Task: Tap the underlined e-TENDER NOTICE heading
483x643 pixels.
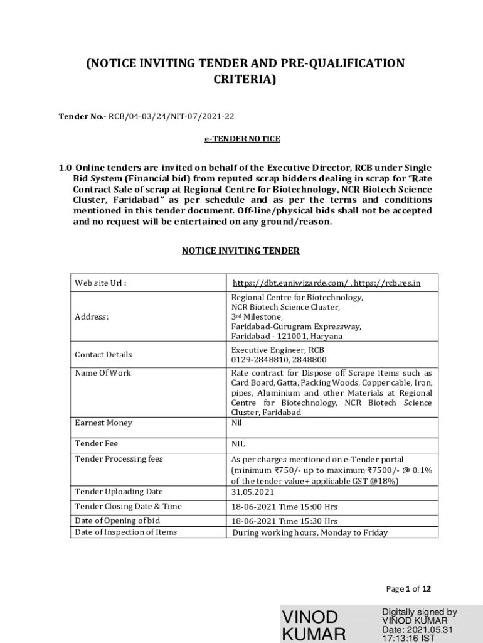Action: point(242,138)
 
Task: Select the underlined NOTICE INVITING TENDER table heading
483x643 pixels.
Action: point(241,251)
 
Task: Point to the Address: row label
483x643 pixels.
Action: point(92,317)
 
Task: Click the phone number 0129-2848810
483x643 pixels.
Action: point(258,360)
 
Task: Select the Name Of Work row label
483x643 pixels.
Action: point(103,373)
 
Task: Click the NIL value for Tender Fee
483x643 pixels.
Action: point(238,444)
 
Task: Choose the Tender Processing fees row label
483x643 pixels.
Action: point(119,459)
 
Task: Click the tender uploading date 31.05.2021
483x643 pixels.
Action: point(253,492)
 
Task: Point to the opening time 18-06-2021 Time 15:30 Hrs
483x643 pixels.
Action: point(284,521)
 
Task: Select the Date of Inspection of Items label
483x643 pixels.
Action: point(125,532)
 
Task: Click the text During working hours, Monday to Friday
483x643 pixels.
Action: point(310,532)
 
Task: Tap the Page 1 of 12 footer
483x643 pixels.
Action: point(409,589)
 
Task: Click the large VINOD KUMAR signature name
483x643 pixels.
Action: point(314,624)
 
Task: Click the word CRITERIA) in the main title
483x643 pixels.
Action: point(245,80)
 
